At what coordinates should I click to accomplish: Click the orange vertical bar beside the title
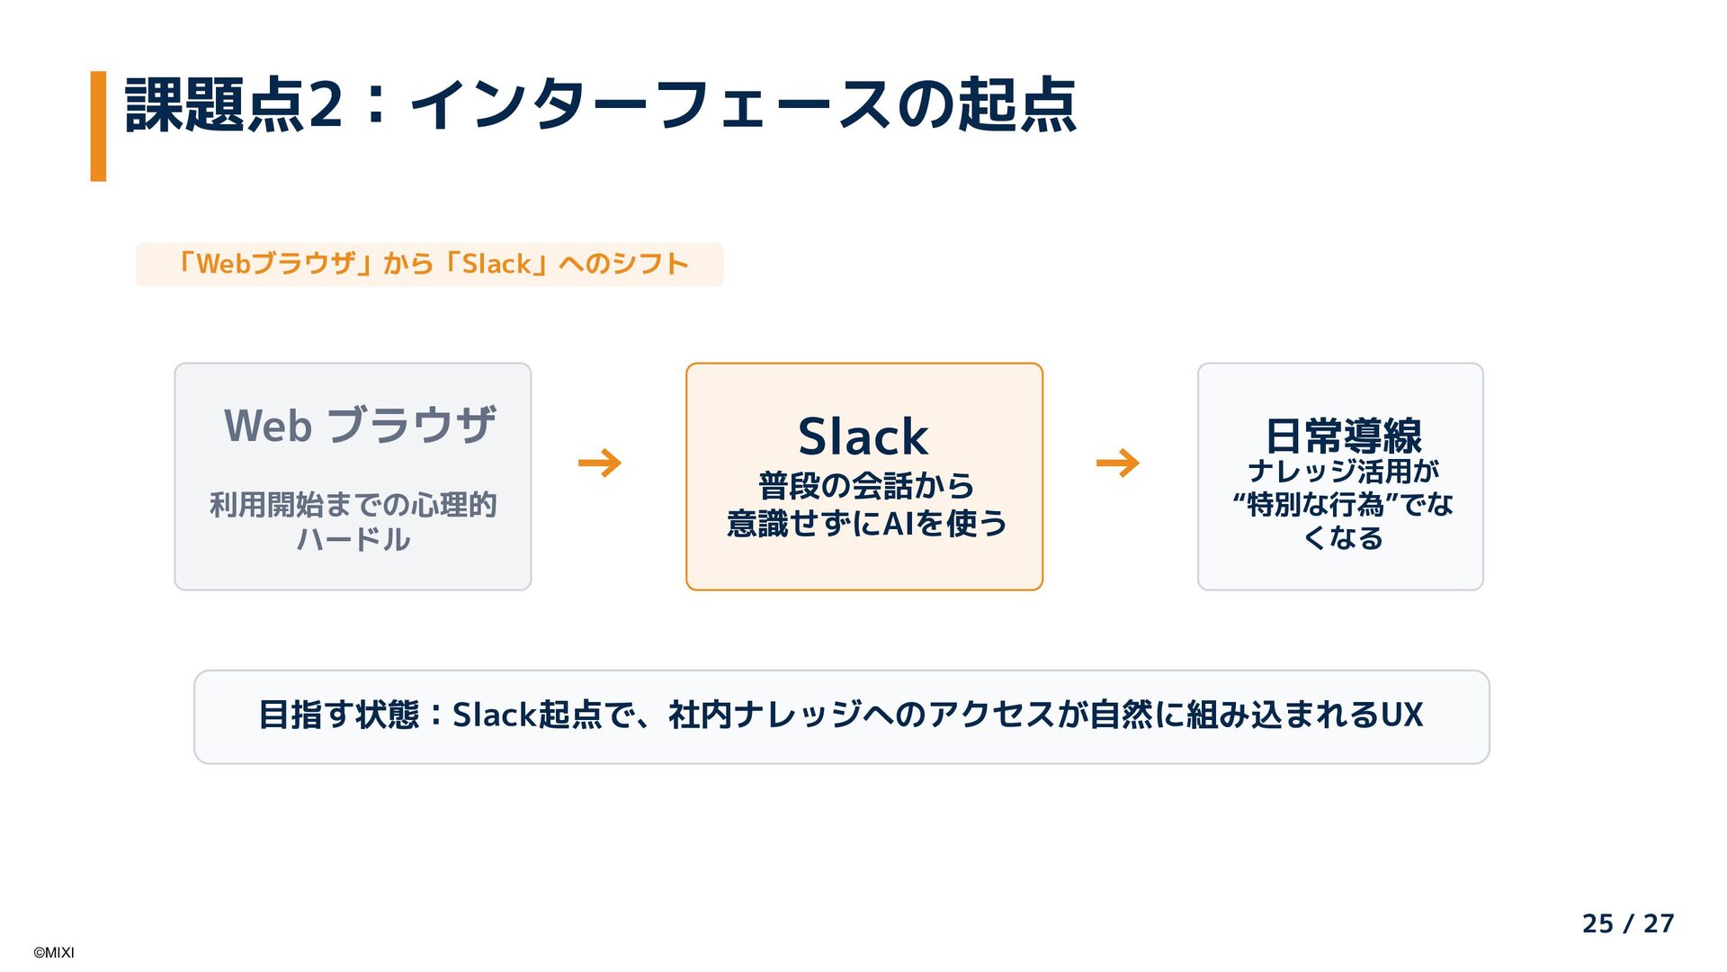point(98,126)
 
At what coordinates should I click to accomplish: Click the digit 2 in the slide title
point(325,105)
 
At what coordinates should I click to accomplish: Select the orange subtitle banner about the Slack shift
point(429,265)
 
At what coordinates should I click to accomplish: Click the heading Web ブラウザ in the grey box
point(359,426)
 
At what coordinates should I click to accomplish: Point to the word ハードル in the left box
point(353,539)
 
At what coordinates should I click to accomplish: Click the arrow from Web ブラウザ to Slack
point(600,463)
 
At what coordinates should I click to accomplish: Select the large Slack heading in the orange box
point(863,437)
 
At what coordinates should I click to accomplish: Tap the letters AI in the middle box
point(898,523)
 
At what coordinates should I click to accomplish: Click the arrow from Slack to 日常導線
point(1117,463)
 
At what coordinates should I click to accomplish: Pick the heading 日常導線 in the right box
point(1343,436)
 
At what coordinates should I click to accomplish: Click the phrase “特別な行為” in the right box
point(1315,505)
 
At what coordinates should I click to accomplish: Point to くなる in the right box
point(1343,538)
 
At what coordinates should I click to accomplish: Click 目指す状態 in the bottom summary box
point(338,715)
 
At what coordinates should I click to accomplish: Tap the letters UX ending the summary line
point(1401,715)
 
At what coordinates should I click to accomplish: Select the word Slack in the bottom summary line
point(494,715)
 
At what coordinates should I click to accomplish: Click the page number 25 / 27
point(1627,923)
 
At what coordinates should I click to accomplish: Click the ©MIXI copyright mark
point(54,953)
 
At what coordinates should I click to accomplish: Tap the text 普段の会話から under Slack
point(865,486)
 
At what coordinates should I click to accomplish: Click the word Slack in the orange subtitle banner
point(496,265)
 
